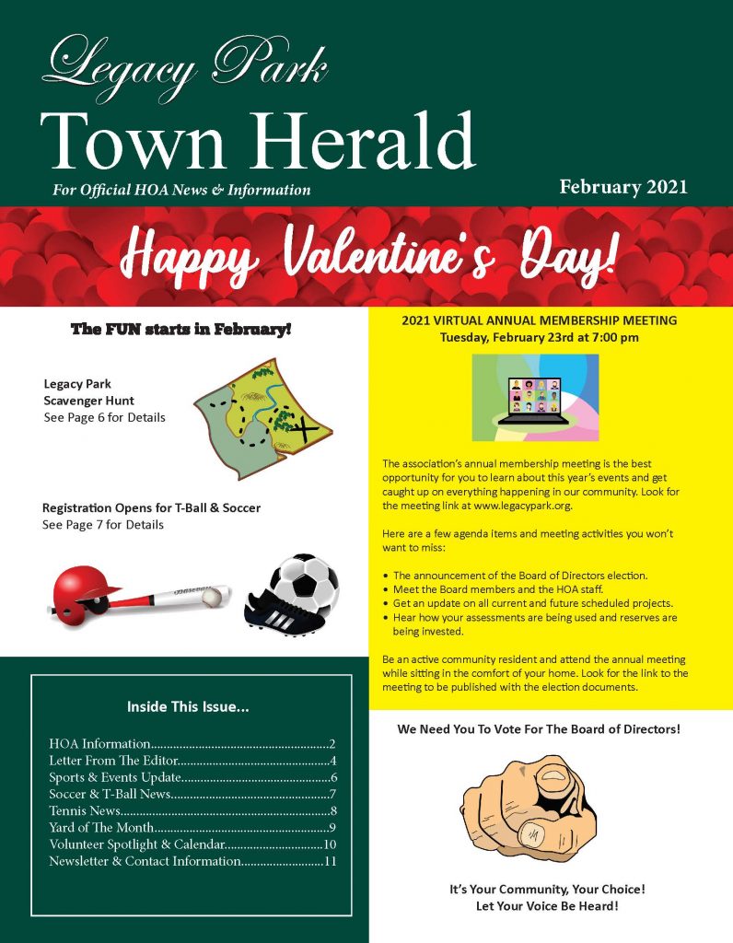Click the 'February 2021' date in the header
point(623,187)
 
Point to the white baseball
point(211,598)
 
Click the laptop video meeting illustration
point(535,398)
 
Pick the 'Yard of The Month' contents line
point(101,828)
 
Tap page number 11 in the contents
point(331,862)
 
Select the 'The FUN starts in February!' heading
point(180,328)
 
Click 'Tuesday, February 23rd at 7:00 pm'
point(540,337)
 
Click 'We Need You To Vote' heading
point(539,728)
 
